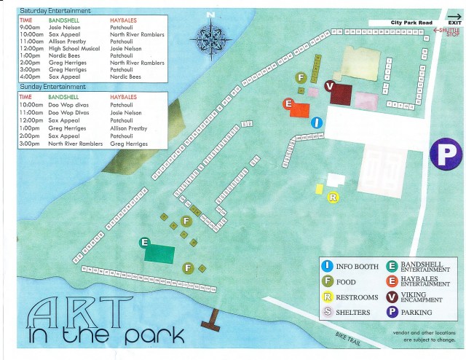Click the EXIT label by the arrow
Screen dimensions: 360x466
pos(454,23)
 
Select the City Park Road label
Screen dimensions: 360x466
pos(405,23)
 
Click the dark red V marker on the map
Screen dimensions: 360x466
pos(330,86)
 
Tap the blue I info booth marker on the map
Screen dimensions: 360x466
pos(316,122)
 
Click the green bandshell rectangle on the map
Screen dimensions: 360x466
pos(159,252)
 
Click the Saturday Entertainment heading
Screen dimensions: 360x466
pos(55,12)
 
